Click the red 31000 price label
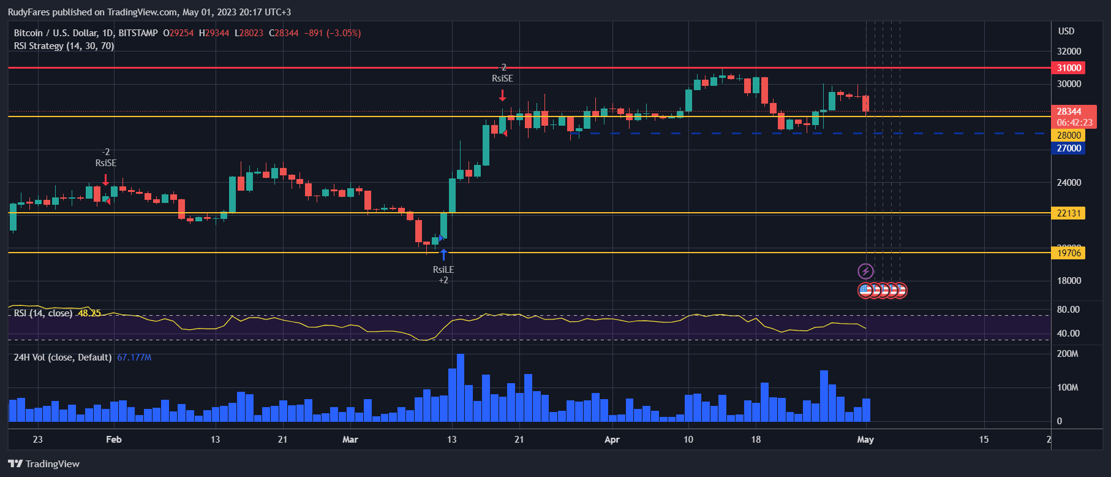tap(1068, 68)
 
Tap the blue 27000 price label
tap(1068, 148)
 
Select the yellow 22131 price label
tap(1068, 213)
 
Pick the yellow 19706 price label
tap(1068, 253)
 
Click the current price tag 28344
tap(1069, 112)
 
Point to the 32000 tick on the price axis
tap(1069, 52)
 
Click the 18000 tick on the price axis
tap(1069, 281)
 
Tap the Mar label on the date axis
tap(350, 440)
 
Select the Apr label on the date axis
tap(612, 440)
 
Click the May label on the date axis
tap(865, 440)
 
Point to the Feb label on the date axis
tap(114, 440)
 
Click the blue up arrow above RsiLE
tap(443, 254)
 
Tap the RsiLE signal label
tap(443, 270)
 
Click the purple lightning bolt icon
tap(865, 271)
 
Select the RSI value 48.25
tap(89, 313)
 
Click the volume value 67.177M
tap(134, 357)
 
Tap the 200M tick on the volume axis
tap(1068, 354)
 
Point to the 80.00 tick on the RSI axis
tap(1068, 310)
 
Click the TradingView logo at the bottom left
tap(44, 464)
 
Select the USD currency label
tap(1066, 31)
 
